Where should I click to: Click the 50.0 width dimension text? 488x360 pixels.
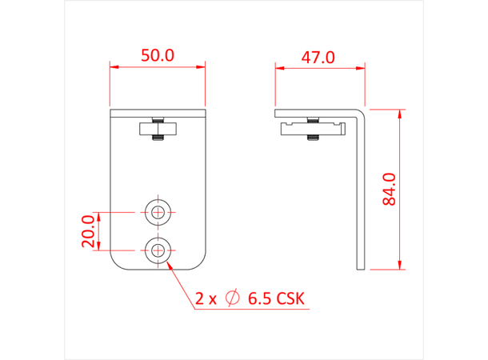[x=158, y=56]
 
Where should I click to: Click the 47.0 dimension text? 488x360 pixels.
[x=318, y=58]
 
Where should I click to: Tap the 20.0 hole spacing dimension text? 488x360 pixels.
[x=89, y=231]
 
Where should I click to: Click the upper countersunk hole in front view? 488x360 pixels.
[x=158, y=212]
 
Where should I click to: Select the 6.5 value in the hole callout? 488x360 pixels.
[x=258, y=299]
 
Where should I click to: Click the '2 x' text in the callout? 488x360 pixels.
[x=206, y=299]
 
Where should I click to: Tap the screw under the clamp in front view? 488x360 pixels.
[x=158, y=140]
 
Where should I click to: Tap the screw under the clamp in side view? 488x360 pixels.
[x=312, y=139]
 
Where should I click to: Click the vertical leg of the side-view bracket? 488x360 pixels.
[x=362, y=192]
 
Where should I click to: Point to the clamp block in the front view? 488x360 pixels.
[x=158, y=128]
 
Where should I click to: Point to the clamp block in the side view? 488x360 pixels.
[x=312, y=127]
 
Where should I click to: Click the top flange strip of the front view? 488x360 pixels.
[x=158, y=114]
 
